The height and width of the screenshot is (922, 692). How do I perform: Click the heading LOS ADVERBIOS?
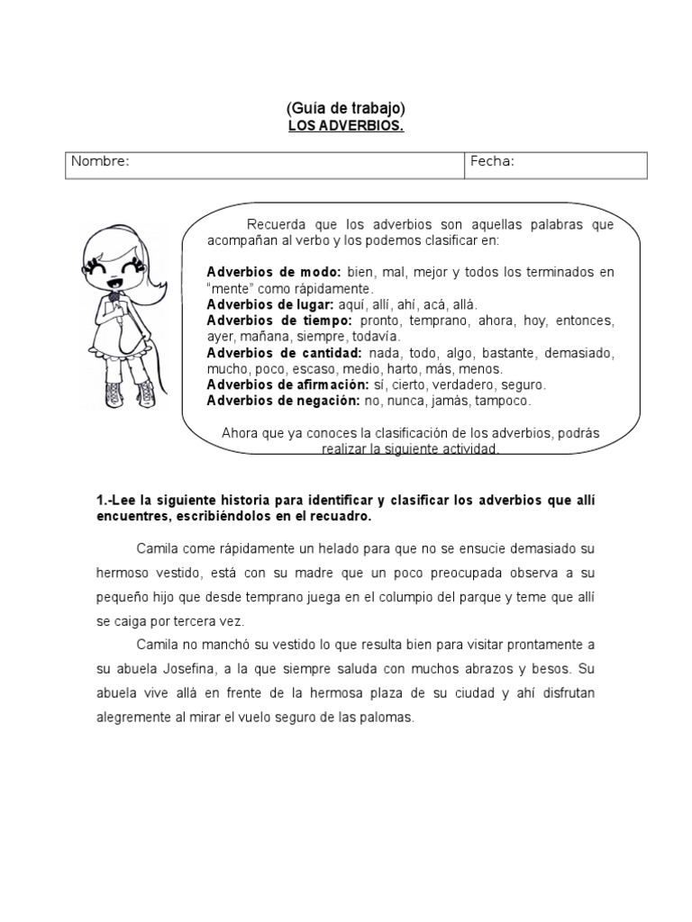tap(346, 126)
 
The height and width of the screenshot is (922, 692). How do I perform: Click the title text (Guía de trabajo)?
tap(346, 109)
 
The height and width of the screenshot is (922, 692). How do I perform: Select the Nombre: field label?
tap(101, 161)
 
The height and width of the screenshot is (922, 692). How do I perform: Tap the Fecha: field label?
tap(491, 161)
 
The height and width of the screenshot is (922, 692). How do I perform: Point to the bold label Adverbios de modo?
tap(273, 272)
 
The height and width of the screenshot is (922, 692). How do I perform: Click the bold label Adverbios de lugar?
tap(271, 304)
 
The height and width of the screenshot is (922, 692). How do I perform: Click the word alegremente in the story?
tap(136, 718)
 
